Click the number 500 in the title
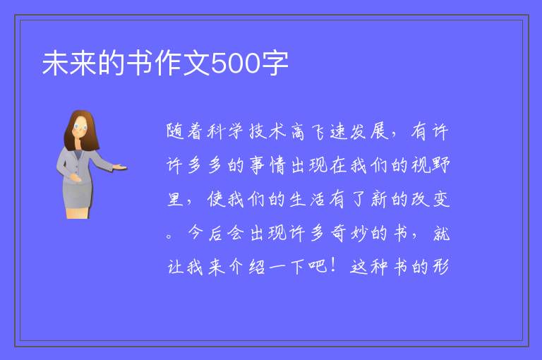(235, 64)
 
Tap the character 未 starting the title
(55, 63)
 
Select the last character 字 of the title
(275, 63)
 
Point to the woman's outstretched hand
(120, 168)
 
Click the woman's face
(80, 127)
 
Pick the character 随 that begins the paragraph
(175, 132)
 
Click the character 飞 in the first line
(318, 132)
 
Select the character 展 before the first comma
(380, 132)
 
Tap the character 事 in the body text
(257, 165)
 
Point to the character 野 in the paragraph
(440, 165)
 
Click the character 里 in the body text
(176, 199)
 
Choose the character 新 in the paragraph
(380, 199)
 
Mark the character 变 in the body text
(440, 199)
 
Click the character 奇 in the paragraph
(339, 233)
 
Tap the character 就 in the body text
(441, 233)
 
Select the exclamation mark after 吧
(334, 265)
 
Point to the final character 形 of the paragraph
(440, 267)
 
